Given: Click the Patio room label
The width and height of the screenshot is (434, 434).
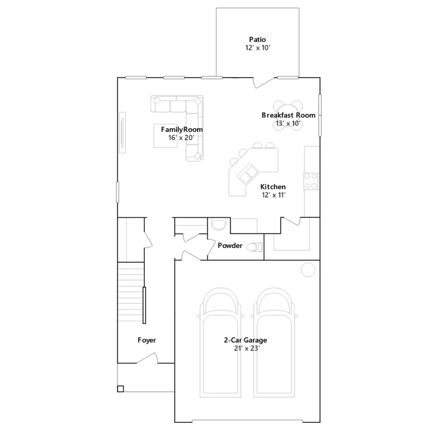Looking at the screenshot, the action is (257, 40).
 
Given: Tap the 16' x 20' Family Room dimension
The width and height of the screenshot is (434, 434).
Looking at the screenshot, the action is (181, 138).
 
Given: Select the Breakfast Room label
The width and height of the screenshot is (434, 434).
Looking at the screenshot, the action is (288, 115).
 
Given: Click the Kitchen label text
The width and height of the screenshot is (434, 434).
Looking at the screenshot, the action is (273, 187).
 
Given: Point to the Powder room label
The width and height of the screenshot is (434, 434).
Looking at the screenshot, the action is (230, 245).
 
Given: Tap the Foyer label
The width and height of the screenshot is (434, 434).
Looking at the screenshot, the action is (147, 340).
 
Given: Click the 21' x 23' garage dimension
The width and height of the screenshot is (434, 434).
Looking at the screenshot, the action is (247, 348).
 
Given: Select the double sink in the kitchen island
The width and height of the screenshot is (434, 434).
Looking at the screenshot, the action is (248, 174).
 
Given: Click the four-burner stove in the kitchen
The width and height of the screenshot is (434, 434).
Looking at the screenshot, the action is (311, 181).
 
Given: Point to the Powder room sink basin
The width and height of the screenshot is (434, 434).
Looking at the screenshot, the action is (219, 224).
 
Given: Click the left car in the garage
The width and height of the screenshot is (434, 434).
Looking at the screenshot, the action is (221, 343).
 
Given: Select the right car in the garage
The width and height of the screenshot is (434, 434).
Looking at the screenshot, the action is (274, 343).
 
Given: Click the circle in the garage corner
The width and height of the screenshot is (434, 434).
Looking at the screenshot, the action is (308, 270).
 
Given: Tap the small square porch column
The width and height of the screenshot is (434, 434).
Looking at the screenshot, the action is (120, 389).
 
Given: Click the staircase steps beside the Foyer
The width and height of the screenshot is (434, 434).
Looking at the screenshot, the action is (131, 292).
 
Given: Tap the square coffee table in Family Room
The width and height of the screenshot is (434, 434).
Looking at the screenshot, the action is (165, 136).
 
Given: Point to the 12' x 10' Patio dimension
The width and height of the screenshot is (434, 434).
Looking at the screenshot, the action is (258, 48).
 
